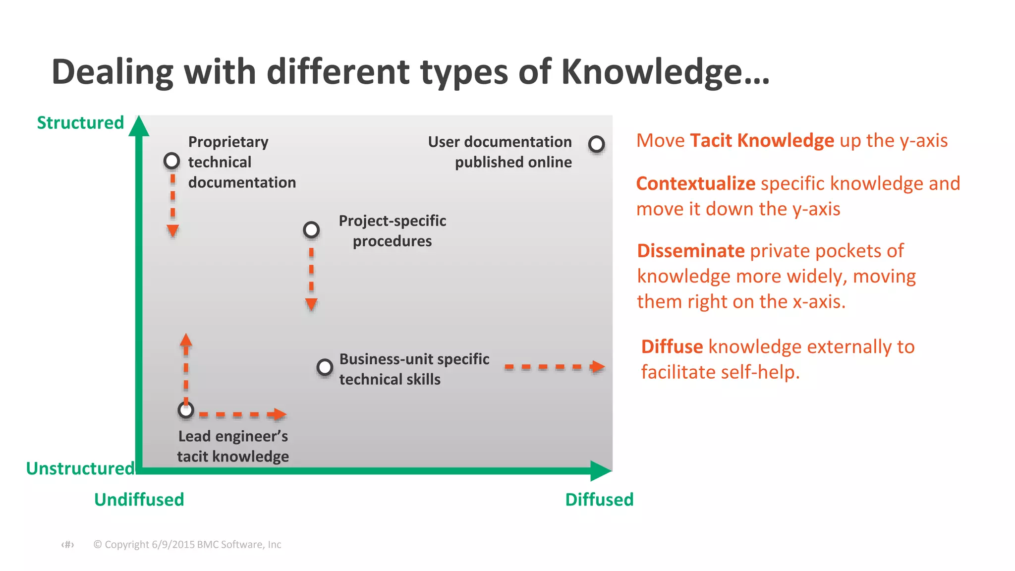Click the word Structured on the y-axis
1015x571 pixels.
tap(80, 122)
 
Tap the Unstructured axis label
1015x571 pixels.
tap(80, 468)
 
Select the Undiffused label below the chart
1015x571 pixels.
tap(139, 499)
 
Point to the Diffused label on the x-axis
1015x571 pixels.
tap(599, 499)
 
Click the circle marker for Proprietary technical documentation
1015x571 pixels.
tap(172, 161)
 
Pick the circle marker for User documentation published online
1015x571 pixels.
tap(596, 144)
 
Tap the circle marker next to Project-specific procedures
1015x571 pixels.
tap(311, 230)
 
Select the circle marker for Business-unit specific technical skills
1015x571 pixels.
tap(325, 367)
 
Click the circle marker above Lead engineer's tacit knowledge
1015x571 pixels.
tap(186, 410)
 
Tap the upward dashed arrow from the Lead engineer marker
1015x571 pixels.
tap(186, 367)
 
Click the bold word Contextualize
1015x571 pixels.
tap(695, 183)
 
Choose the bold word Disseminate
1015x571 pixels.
tap(690, 251)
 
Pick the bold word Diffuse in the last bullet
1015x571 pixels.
tap(672, 346)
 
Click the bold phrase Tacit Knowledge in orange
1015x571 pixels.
tap(762, 141)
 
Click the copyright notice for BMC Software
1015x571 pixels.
tap(187, 544)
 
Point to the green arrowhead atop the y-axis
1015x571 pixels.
tap(139, 126)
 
